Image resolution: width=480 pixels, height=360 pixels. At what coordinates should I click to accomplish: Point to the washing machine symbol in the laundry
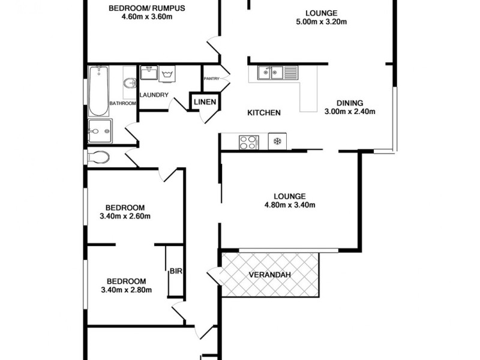coord(167,74)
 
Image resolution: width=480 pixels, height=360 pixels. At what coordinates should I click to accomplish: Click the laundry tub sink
coord(148,74)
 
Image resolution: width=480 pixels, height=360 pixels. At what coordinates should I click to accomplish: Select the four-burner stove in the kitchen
coord(248,142)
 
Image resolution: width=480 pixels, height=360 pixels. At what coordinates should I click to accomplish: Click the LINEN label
coord(205,103)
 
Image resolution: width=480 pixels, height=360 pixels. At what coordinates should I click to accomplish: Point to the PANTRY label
coord(212,79)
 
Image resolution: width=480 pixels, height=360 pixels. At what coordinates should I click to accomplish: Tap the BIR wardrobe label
coord(175,271)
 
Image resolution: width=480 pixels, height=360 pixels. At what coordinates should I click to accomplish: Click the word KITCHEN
coord(264,113)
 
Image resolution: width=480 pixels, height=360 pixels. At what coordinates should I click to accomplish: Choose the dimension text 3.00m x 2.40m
coord(349,111)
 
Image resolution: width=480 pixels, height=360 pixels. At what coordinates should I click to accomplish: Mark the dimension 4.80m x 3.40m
coord(290,205)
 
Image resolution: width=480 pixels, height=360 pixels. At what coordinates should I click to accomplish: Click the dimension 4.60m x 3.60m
coord(146,17)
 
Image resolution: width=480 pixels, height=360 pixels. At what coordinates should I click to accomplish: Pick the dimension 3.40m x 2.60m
coord(125,217)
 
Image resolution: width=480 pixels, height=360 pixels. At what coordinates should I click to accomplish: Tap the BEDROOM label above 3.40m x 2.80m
coord(126,281)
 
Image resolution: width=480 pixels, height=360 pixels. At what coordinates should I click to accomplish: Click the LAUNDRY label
coord(154,95)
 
